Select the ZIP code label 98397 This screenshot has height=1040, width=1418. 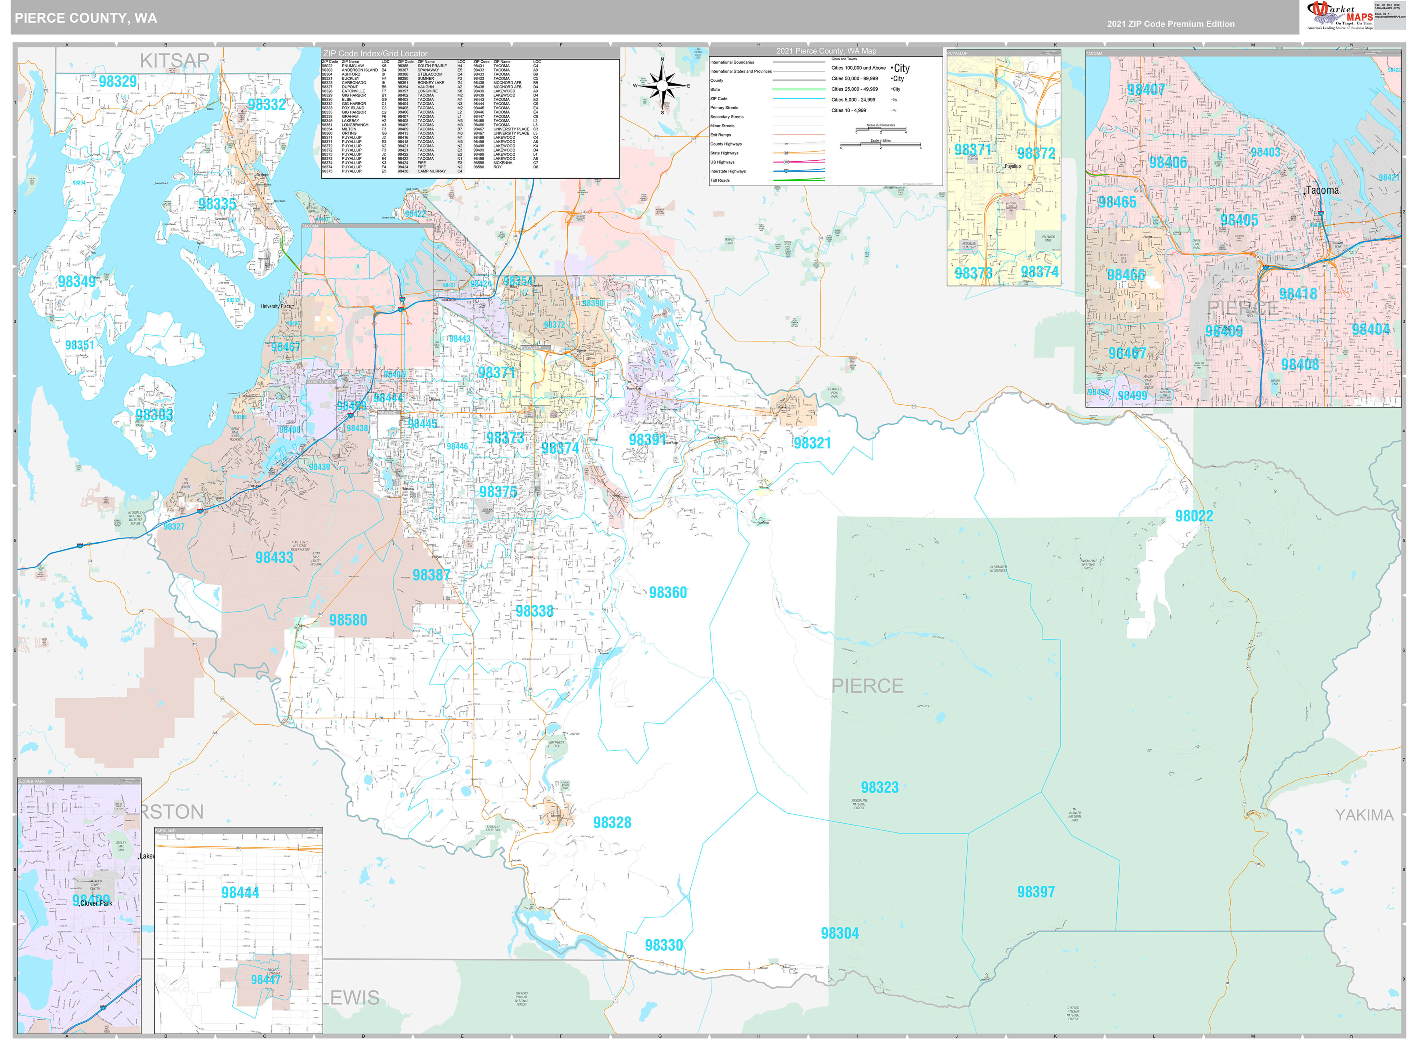(1035, 892)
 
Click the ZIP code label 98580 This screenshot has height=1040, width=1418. (348, 620)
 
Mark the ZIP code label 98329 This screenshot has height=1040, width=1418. (118, 81)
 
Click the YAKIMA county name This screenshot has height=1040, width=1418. (1364, 815)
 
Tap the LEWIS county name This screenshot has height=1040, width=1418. (354, 998)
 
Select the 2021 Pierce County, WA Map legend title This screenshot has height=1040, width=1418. (826, 51)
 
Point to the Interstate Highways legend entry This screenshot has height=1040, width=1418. (728, 171)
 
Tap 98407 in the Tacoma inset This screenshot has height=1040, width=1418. (1146, 89)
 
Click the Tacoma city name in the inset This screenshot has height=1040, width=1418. (1322, 190)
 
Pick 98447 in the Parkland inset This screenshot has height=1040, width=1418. (266, 980)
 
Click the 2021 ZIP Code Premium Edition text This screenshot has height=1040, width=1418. (1171, 24)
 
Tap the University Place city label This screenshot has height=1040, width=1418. (276, 306)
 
